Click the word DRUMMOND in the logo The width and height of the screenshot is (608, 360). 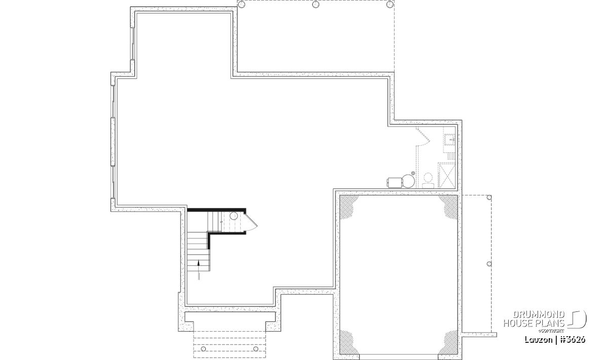pos(539,314)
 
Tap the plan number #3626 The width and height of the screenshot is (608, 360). pos(573,340)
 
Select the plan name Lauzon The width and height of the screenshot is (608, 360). pos(538,340)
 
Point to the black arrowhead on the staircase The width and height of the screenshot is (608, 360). pos(199,263)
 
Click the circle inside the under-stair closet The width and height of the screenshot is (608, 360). pos(234,216)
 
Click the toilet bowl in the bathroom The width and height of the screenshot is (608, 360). pos(428,178)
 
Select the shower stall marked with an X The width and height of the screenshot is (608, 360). pos(446,175)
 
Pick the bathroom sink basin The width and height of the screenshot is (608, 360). pos(450,139)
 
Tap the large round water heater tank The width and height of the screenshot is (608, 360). pos(408,181)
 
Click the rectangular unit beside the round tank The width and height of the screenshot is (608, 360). pos(395,182)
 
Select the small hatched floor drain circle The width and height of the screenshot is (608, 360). pos(413,173)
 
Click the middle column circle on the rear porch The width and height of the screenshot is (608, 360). pos(315,5)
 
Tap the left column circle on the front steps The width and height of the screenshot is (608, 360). pos(203,348)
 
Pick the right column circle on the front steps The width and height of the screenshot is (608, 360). pos(255,348)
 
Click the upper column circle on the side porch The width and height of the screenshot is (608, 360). pos(489,197)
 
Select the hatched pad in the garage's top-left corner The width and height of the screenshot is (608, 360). pos(348,206)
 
